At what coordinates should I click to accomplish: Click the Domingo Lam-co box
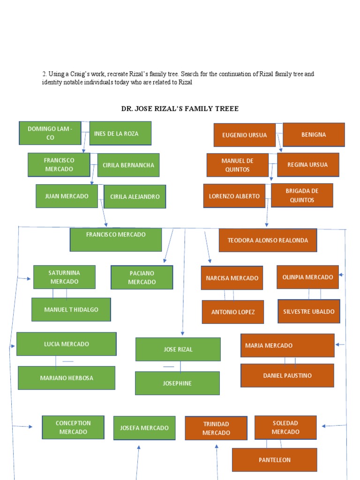[x=50, y=133]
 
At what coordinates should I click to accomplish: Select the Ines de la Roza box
[x=120, y=133]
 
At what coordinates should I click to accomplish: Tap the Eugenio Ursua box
[x=244, y=135]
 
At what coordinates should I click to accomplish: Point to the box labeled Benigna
[x=314, y=135]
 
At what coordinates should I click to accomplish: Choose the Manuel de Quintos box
[x=238, y=165]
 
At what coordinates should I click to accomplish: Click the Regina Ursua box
[x=308, y=165]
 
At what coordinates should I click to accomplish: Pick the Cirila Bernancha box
[x=128, y=165]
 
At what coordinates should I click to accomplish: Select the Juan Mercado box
[x=67, y=196]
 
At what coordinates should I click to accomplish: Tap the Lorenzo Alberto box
[x=234, y=196]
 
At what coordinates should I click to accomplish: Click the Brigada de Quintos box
[x=302, y=195]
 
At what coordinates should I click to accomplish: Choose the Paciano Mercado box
[x=142, y=277]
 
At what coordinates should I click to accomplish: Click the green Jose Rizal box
[x=178, y=349]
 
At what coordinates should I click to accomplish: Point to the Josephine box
[x=177, y=383]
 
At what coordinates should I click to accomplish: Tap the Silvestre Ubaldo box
[x=309, y=311]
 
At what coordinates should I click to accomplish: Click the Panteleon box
[x=274, y=460]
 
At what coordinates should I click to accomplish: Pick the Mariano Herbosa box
[x=67, y=378]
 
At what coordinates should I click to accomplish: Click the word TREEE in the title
[x=226, y=109]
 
